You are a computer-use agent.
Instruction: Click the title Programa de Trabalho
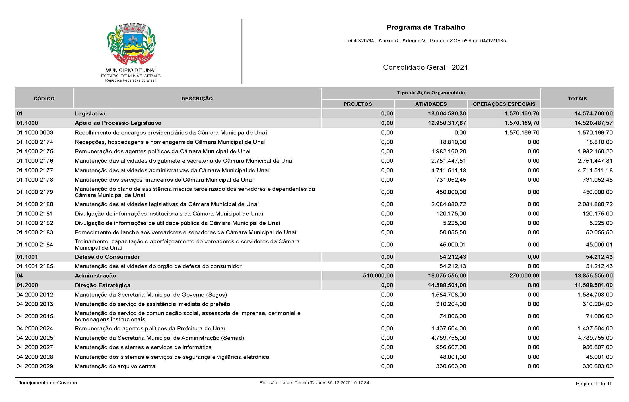[426, 27]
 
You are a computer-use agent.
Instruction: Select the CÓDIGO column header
[44, 99]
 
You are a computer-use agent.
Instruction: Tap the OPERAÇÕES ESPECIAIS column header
[504, 104]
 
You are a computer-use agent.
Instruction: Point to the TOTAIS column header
[577, 99]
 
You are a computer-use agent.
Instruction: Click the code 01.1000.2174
[35, 142]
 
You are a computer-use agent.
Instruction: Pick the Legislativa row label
[90, 113]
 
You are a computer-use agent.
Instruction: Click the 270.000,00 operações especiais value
[524, 275]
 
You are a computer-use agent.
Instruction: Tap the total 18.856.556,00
[593, 275]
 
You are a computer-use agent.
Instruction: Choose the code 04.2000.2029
[35, 366]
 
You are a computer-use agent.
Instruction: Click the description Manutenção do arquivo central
[116, 366]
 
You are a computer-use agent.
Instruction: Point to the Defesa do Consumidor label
[107, 257]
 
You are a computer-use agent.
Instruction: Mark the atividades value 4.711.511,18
[449, 170]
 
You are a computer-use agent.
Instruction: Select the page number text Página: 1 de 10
[594, 384]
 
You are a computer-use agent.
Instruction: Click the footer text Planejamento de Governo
[47, 383]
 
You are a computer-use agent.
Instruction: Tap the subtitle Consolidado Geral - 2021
[425, 67]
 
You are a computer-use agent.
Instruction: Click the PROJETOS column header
[358, 104]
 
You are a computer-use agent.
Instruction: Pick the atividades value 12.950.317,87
[447, 123]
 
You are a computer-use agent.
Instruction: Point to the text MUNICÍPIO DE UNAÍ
[131, 70]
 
